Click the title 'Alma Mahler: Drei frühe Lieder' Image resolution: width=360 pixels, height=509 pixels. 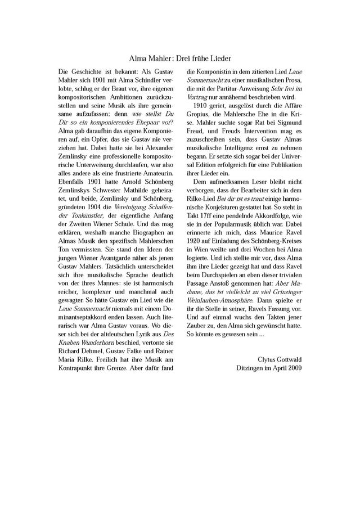[180, 58]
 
